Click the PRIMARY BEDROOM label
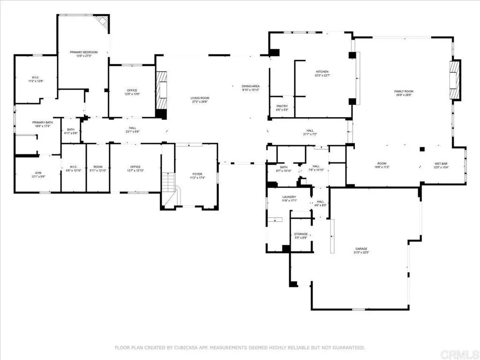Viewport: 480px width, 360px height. pyautogui.click(x=84, y=52)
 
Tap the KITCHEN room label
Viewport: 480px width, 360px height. pyautogui.click(x=322, y=72)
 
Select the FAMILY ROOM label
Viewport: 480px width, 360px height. pyautogui.click(x=404, y=91)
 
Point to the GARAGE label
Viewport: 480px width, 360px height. pyautogui.click(x=361, y=248)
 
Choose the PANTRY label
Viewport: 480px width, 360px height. pyautogui.click(x=282, y=106)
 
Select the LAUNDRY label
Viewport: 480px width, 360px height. pyautogui.click(x=288, y=197)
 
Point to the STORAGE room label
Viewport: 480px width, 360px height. pyautogui.click(x=300, y=234)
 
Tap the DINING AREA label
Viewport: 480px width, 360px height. pyautogui.click(x=250, y=86)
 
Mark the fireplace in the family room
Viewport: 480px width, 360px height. pyautogui.click(x=454, y=80)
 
